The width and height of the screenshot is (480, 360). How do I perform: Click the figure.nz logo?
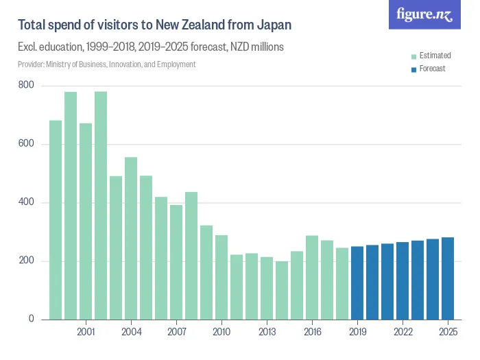pyautogui.click(x=424, y=15)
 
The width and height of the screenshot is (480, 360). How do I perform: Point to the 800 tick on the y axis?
pyautogui.click(x=27, y=86)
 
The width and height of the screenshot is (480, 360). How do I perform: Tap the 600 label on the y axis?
pyautogui.click(x=27, y=144)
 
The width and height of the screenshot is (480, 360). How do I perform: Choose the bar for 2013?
pyautogui.click(x=267, y=288)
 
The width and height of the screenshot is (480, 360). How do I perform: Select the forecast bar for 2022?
pyautogui.click(x=403, y=280)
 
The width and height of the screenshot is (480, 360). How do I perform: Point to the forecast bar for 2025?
pyautogui.click(x=448, y=278)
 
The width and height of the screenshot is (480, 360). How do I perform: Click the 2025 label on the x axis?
pyautogui.click(x=448, y=333)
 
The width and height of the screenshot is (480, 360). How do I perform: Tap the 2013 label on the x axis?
pyautogui.click(x=267, y=333)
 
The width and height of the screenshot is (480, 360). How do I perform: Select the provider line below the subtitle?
pyautogui.click(x=107, y=64)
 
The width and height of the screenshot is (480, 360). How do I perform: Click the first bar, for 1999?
pyautogui.click(x=56, y=220)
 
